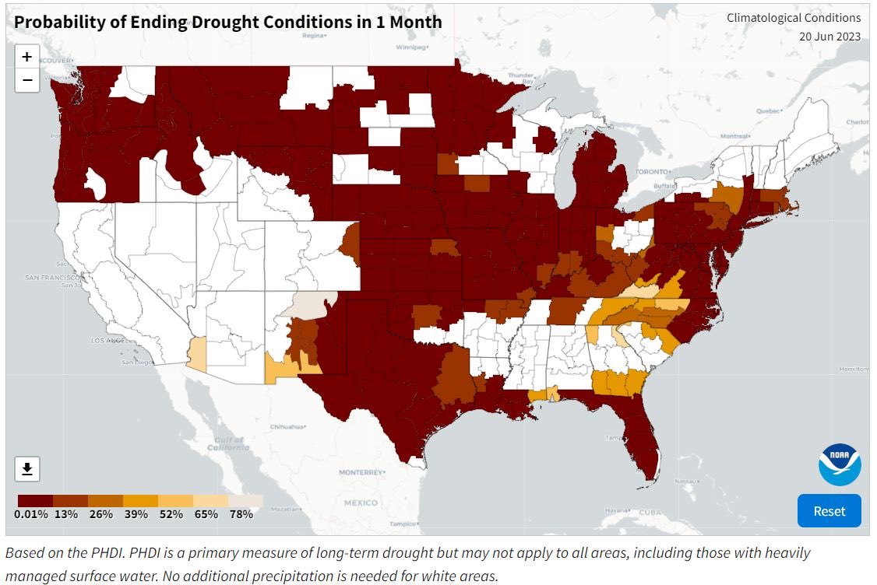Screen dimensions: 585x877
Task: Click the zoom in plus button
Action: tap(26, 57)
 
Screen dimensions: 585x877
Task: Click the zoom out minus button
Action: tap(26, 80)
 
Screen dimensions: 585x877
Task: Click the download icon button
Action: tap(26, 468)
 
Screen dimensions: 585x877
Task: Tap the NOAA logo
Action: tap(839, 464)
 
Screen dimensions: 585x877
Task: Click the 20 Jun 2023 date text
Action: tap(829, 36)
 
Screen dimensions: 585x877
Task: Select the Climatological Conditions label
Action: tap(794, 17)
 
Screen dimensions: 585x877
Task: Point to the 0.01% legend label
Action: tap(31, 514)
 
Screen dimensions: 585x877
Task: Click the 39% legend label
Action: tap(136, 514)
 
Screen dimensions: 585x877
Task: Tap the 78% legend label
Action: tap(241, 514)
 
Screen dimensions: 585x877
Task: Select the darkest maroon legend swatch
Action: tap(35, 501)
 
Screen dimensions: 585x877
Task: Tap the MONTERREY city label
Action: tap(361, 472)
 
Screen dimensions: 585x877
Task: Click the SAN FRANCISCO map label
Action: tap(52, 277)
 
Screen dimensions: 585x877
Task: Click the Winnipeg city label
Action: tap(411, 47)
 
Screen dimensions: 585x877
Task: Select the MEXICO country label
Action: tap(361, 503)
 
